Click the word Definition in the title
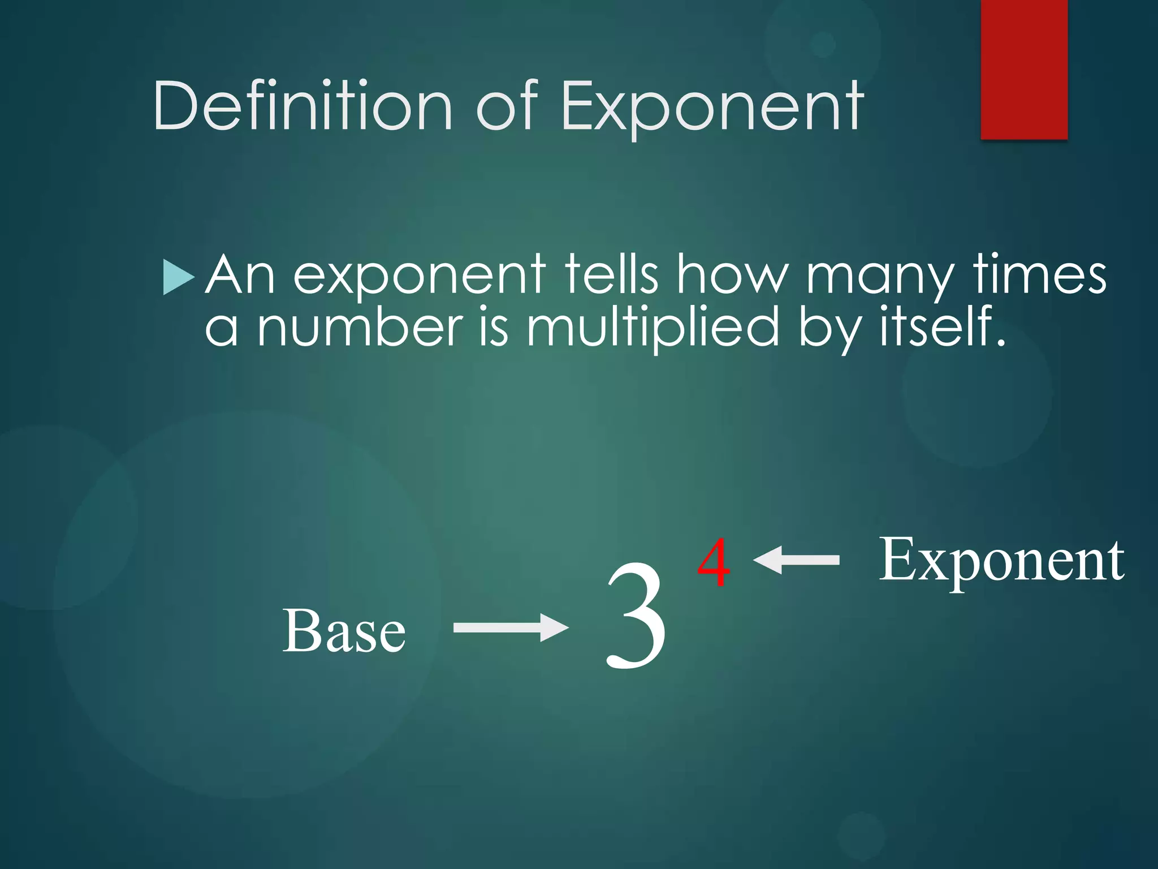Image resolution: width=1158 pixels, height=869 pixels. point(303,106)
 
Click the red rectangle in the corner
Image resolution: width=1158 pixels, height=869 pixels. point(1024,69)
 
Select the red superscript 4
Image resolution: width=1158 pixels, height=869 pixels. point(714,562)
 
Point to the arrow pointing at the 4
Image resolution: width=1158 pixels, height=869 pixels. point(796,560)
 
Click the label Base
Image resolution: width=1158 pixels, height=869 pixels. point(344,630)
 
